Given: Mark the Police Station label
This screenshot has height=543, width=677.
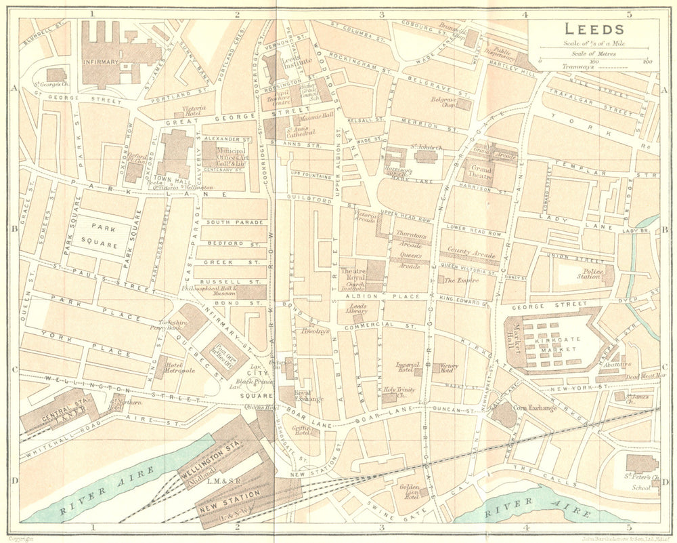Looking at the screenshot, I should (588, 275).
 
